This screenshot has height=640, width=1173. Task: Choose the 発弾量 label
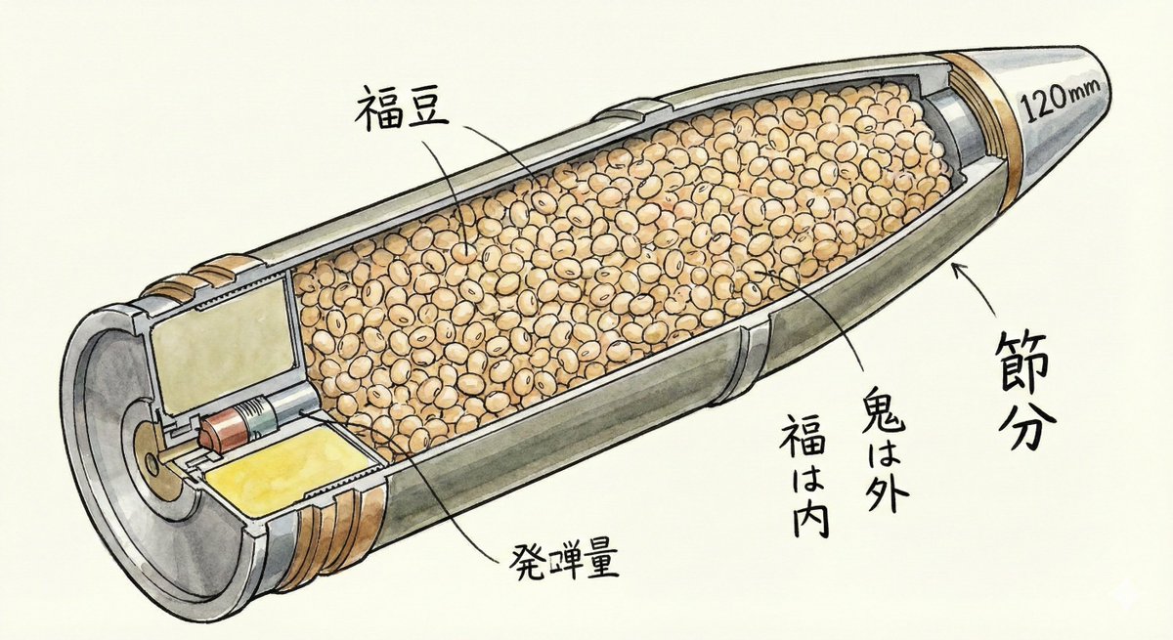tap(561, 561)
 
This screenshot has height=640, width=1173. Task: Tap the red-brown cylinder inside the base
tap(226, 430)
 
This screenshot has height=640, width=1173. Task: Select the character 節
tap(1025, 353)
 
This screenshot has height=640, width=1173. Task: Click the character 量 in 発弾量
tap(598, 561)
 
